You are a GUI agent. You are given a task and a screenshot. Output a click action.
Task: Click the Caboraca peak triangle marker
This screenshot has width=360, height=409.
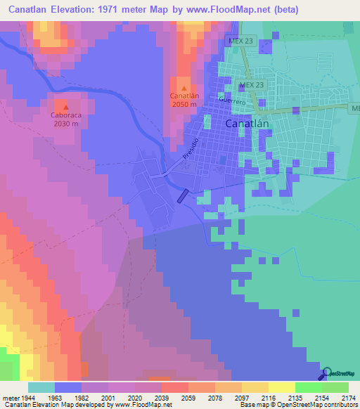pos(65,106)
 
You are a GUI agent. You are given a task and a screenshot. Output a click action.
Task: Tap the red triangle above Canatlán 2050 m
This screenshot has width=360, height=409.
pos(184,87)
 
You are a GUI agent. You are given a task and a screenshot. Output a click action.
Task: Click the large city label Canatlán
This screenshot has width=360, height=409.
pos(249,123)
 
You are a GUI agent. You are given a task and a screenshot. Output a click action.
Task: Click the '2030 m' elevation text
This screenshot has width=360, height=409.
pos(65,124)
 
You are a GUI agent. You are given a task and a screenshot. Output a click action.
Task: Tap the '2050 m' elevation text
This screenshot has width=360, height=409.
pos(184,105)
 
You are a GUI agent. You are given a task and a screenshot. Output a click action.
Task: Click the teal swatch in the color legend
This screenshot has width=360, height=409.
pos(41,388)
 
